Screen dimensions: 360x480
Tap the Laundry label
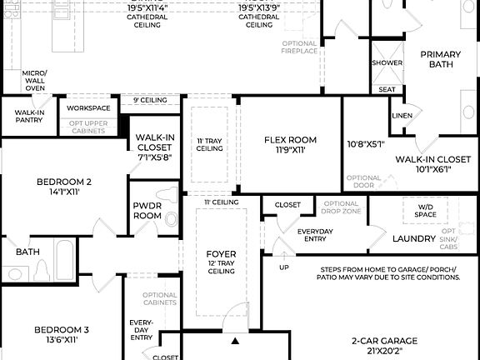414,239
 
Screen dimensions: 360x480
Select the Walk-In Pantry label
29,116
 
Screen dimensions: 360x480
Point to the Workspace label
88,107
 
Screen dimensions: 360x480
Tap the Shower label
387,63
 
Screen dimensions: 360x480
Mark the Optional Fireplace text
300,47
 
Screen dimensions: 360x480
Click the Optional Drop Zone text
341,208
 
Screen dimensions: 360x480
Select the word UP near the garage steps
284,267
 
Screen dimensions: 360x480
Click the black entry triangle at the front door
236,341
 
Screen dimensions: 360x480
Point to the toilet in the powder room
172,218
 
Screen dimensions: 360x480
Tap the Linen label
402,115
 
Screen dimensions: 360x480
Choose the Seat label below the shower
387,89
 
